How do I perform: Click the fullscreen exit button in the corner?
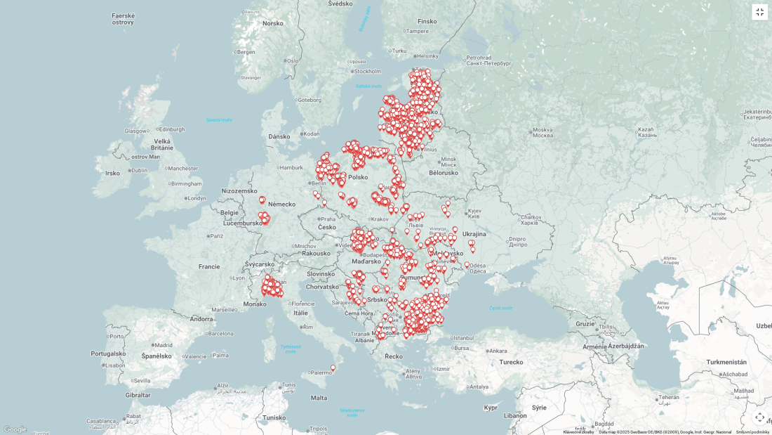click(x=759, y=12)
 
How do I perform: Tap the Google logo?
click(x=15, y=429)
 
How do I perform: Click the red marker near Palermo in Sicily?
click(x=333, y=368)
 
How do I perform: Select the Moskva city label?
click(x=542, y=130)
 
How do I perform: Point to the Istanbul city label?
click(x=464, y=338)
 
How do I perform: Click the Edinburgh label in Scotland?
click(x=171, y=129)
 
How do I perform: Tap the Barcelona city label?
click(x=220, y=334)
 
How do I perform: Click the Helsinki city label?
click(x=427, y=56)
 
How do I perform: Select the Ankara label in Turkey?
click(x=498, y=351)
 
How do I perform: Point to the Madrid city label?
click(x=164, y=345)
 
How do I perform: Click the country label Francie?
click(x=209, y=267)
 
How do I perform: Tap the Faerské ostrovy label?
click(x=123, y=19)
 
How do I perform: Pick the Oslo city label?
click(x=292, y=60)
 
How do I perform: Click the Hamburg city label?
click(x=291, y=167)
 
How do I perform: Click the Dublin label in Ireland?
click(x=139, y=170)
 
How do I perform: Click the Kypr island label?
click(x=491, y=408)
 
